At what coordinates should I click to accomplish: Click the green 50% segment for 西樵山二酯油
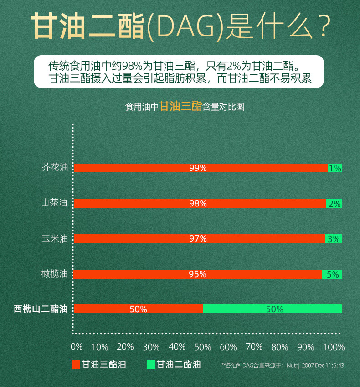pos(272,309)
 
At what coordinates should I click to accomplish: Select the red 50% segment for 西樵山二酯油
pos(138,309)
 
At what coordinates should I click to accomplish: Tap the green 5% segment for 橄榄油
pos(332,274)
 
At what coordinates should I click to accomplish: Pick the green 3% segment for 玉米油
pos(333,238)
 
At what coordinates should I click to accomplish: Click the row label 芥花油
pos(55,167)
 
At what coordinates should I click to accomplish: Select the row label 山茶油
pos(55,203)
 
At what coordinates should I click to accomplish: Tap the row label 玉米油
pos(55,238)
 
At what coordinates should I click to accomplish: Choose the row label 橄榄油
pos(55,273)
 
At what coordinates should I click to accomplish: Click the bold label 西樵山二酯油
pos(41,309)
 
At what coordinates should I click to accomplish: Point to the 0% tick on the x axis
pos(77,347)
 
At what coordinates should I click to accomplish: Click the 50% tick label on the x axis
pos(203,347)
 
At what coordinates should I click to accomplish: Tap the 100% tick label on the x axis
pos(334,347)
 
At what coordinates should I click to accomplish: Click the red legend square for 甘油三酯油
pos(76,365)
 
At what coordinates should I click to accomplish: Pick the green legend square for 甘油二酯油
pos(151,365)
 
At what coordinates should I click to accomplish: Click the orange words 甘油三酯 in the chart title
pos(180,107)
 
